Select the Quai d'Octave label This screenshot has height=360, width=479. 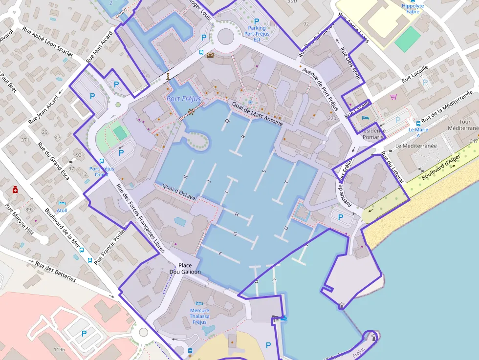[175, 192]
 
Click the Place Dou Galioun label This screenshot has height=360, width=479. [185, 268]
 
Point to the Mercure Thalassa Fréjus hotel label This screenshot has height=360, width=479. [199, 316]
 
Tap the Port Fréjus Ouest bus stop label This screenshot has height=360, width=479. [102, 171]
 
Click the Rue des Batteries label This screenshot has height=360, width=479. [55, 271]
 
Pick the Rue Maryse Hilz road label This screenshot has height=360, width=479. [20, 218]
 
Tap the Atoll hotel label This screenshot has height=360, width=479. [62, 210]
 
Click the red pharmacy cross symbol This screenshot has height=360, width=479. [15, 189]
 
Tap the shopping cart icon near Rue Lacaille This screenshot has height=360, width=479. [393, 97]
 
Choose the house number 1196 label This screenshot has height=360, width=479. [59, 349]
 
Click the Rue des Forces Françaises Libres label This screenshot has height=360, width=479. [139, 218]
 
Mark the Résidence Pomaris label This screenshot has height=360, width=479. [372, 134]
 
